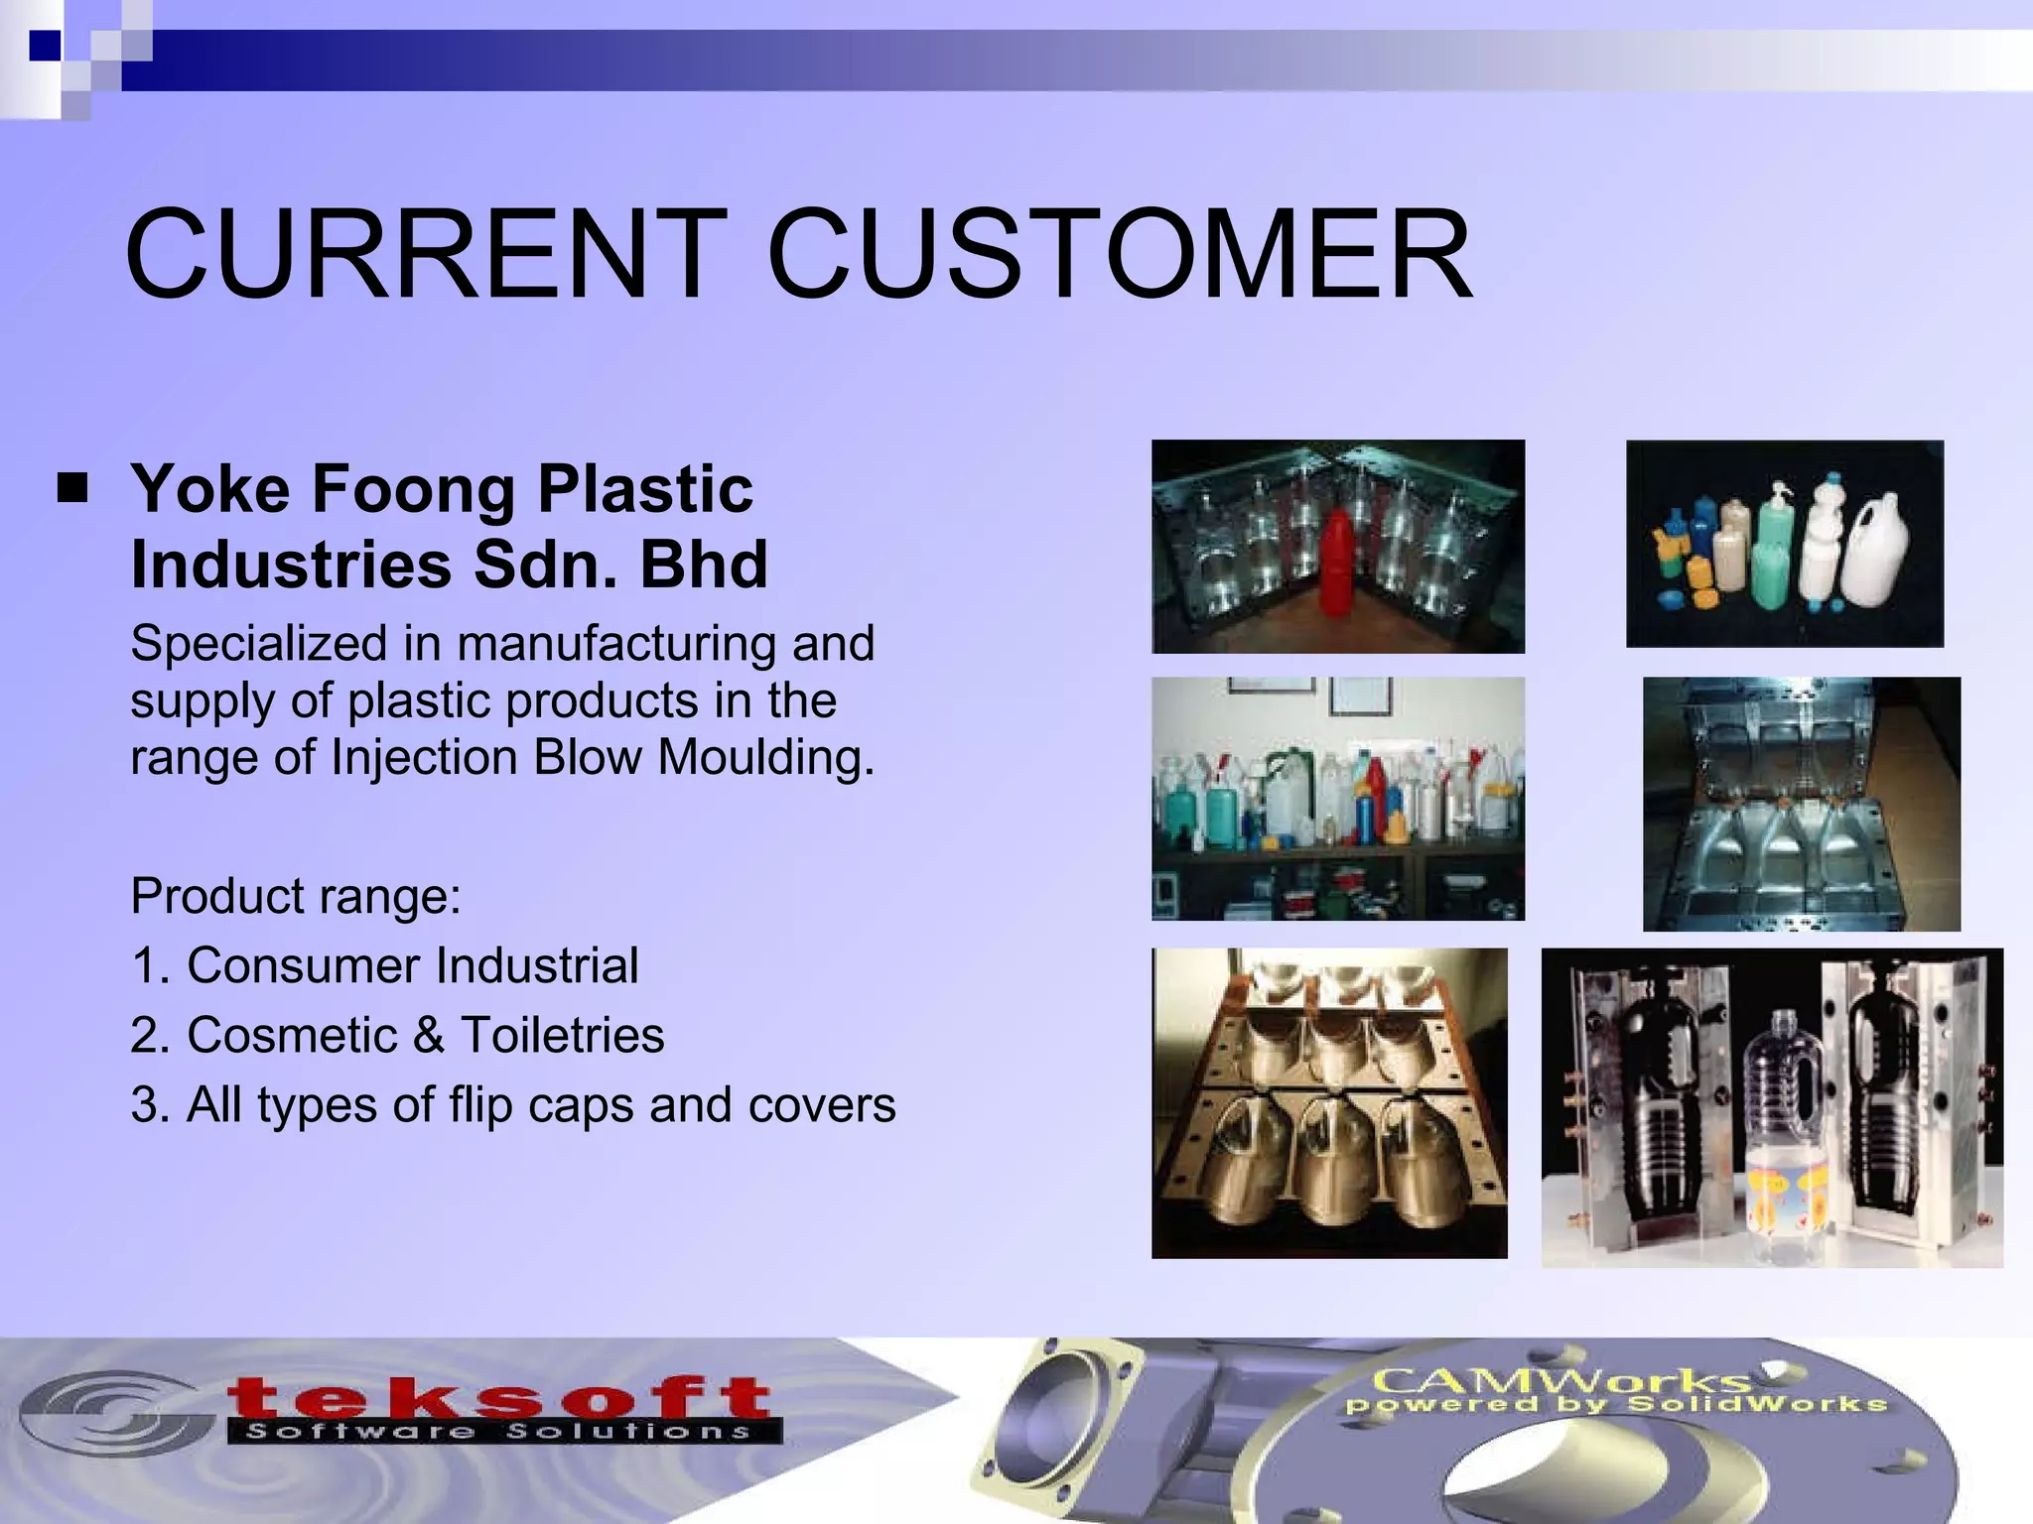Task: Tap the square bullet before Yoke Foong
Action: pos(72,488)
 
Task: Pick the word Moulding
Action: pos(765,757)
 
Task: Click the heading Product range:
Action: pos(296,896)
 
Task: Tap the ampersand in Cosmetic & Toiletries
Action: pos(428,1035)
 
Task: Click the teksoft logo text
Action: pos(498,1399)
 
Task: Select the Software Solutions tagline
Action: pos(498,1432)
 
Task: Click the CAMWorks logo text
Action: pos(1559,1380)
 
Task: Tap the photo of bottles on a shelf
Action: pos(1337,799)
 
